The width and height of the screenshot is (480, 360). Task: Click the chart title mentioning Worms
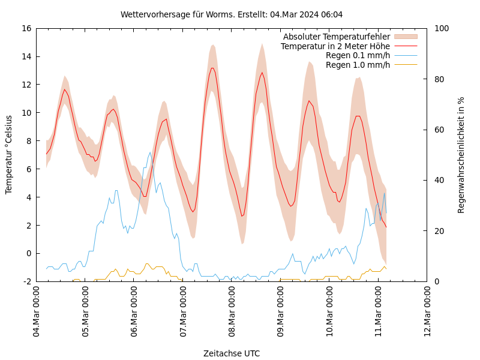coord(232,14)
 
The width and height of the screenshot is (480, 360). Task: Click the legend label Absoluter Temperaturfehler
coord(336,37)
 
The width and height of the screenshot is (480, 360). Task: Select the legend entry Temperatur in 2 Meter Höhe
coord(335,46)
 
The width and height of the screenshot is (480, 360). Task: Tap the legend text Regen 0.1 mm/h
coord(358,56)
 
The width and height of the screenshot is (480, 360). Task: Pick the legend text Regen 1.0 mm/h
coord(358,65)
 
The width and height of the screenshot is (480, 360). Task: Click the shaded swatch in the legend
coord(406,37)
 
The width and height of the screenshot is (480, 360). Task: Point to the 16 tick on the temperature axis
coord(25,28)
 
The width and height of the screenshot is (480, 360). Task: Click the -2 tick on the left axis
coord(26,281)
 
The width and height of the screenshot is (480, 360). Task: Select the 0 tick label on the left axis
coord(28,253)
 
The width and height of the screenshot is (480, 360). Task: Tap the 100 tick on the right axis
coord(441,28)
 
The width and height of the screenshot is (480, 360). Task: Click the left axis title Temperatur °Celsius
coord(9,155)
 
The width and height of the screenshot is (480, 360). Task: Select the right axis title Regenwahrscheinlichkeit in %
coord(461,155)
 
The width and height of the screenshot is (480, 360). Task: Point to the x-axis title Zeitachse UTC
coord(232,353)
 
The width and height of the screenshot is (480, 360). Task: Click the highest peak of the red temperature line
coord(212,68)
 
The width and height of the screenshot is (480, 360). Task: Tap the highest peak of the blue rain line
coord(150,152)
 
